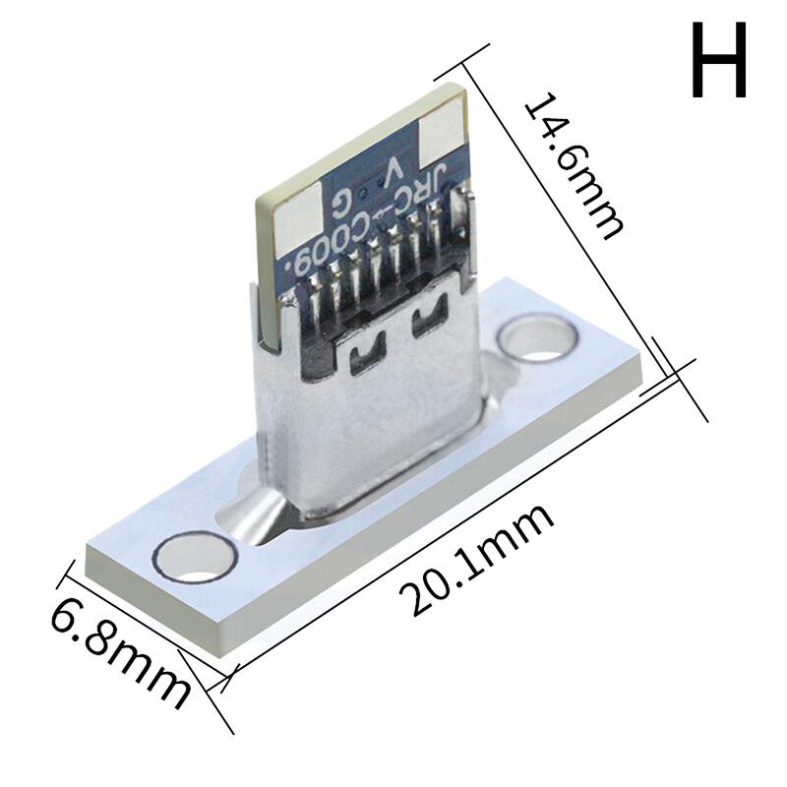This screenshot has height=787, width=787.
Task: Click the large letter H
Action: [x=719, y=62]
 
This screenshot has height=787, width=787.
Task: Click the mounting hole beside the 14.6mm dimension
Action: [x=536, y=338]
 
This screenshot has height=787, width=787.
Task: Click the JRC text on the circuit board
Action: [x=430, y=193]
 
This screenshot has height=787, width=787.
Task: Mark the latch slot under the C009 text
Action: [x=363, y=355]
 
